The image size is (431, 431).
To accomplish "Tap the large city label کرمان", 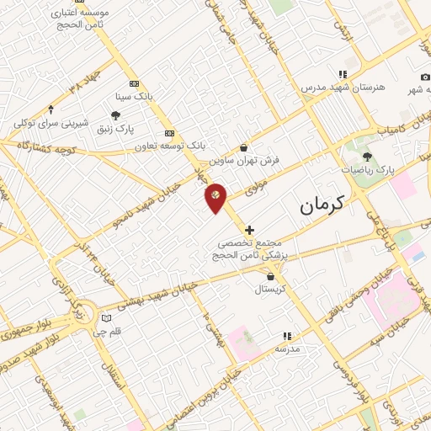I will (322, 204).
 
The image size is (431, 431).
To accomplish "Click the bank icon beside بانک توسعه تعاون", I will (170, 133).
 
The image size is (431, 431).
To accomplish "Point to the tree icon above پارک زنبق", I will (115, 115).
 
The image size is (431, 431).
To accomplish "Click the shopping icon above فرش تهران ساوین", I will (243, 146).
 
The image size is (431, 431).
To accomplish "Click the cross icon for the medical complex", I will (249, 229).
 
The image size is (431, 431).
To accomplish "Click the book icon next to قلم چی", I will (105, 318).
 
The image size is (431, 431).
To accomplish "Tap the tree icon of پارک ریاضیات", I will (366, 156).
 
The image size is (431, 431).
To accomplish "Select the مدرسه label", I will (287, 347).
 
